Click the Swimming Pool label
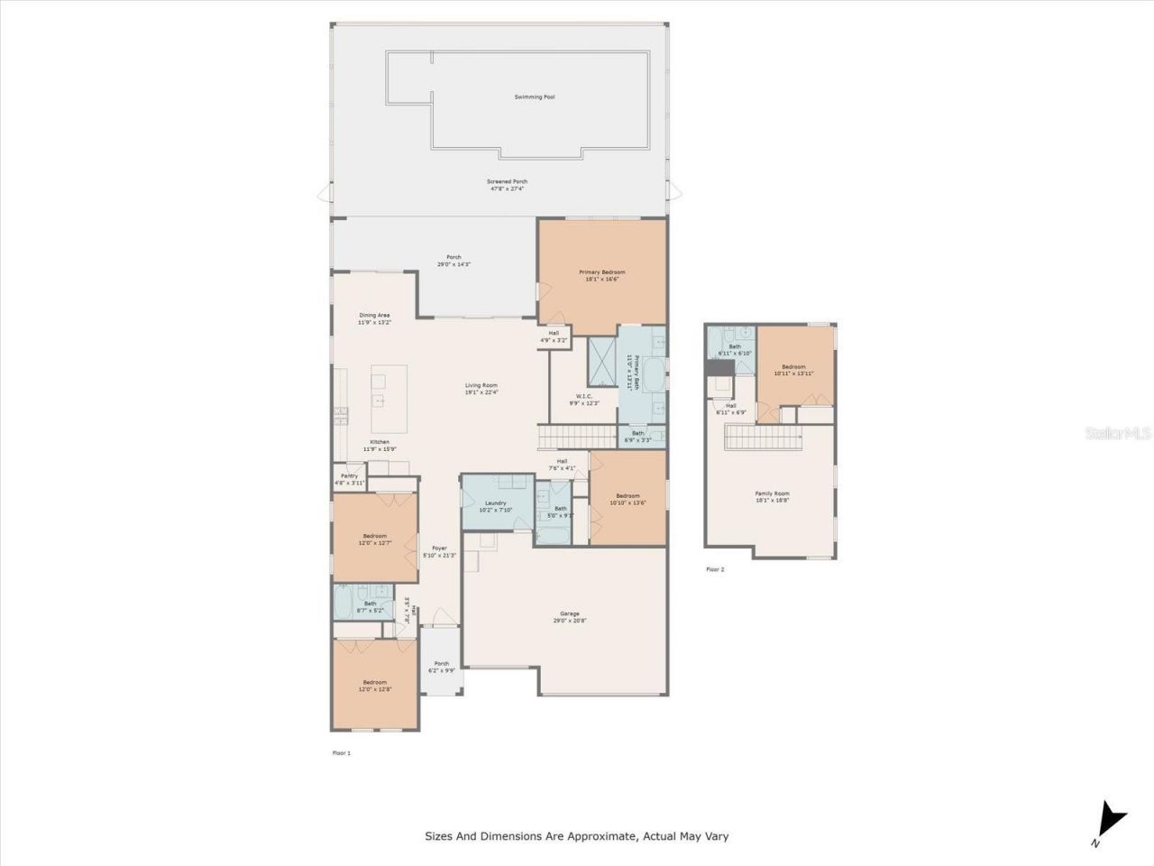click(x=534, y=97)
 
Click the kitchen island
click(x=389, y=399)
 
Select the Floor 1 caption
click(x=342, y=752)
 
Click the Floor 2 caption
click(x=714, y=569)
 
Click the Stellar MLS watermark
click(x=1118, y=434)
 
